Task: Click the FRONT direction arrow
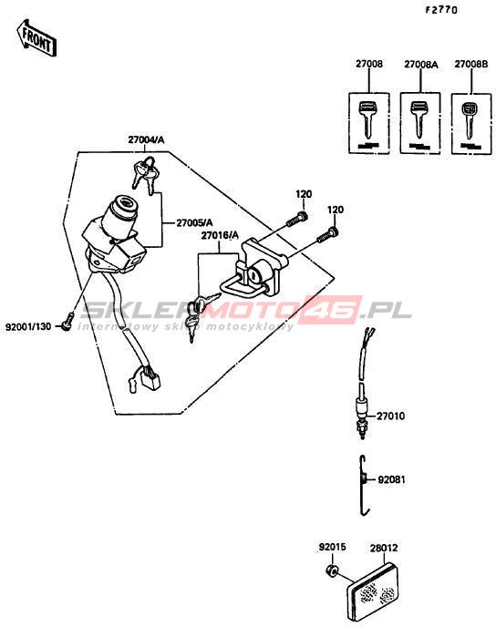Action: pyautogui.click(x=36, y=38)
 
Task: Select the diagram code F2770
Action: pyautogui.click(x=440, y=10)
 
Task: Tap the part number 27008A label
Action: pyautogui.click(x=421, y=65)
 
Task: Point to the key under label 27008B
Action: pyautogui.click(x=469, y=121)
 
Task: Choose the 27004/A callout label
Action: pyautogui.click(x=146, y=140)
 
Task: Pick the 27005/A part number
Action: pyautogui.click(x=194, y=222)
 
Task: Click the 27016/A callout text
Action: pyautogui.click(x=220, y=235)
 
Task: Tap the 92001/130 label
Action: pyautogui.click(x=28, y=326)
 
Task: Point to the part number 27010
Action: pyautogui.click(x=390, y=416)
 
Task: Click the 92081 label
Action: pyautogui.click(x=391, y=479)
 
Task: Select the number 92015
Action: pyautogui.click(x=332, y=547)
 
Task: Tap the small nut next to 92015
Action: pyautogui.click(x=332, y=571)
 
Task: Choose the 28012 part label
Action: pyautogui.click(x=384, y=548)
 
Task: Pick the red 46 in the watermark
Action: pyautogui.click(x=333, y=310)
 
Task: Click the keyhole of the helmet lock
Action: pyautogui.click(x=253, y=274)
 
